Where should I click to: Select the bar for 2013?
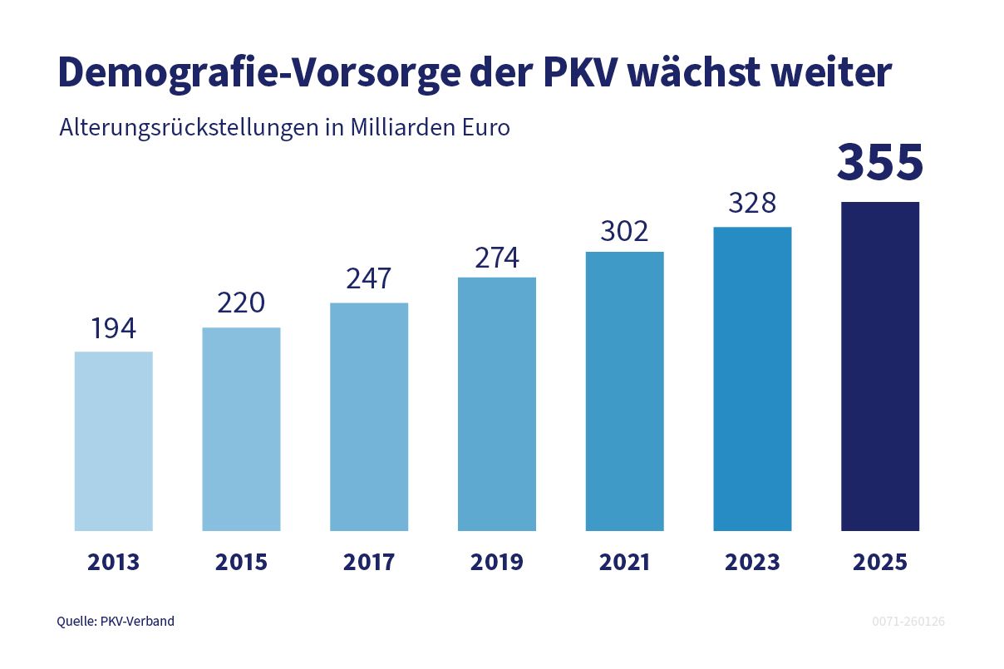point(113,441)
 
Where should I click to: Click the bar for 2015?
point(241,430)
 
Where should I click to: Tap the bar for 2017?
point(369,416)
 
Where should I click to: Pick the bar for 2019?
point(497,404)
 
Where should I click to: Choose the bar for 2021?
point(624,391)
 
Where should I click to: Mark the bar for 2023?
point(752,379)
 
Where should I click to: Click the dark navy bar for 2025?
point(880,366)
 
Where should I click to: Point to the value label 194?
point(113,328)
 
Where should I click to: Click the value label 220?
point(241,303)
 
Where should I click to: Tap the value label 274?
point(497,258)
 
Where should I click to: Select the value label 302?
point(624,231)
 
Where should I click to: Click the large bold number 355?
point(880,162)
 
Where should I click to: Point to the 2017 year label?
point(369,562)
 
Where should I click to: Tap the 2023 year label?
point(752,562)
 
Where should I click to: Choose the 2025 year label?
point(880,562)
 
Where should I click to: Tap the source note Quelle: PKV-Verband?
point(116,621)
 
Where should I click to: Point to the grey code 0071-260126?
point(908,622)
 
